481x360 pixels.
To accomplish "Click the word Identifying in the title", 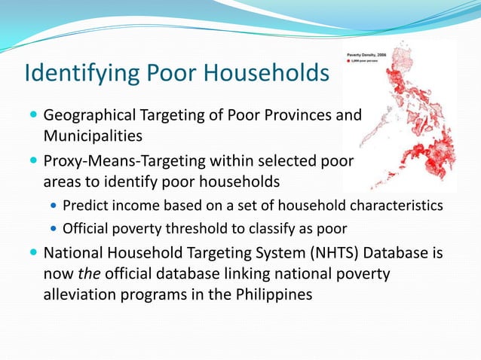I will click(75, 75).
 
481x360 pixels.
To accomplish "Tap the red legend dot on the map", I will click(349, 62).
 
